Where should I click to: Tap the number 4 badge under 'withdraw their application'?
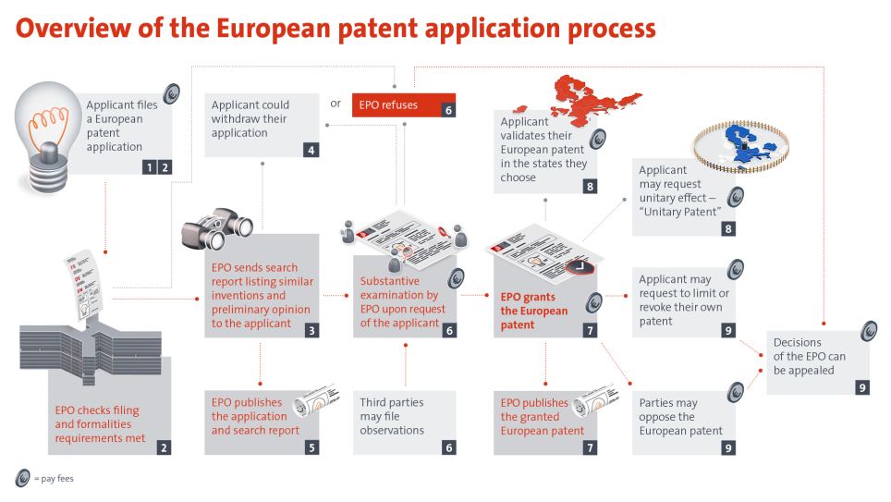pyautogui.click(x=311, y=148)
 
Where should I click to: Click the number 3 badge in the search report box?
pyautogui.click(x=311, y=329)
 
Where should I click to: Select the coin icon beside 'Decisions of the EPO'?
pyautogui.click(x=869, y=330)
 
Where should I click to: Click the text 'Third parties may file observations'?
pyautogui.click(x=392, y=417)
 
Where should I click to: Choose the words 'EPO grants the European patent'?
pyautogui.click(x=534, y=312)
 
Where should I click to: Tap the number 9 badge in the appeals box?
pyautogui.click(x=861, y=387)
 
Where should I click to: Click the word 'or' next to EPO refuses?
pyautogui.click(x=336, y=104)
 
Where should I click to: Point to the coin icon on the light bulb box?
pyautogui.click(x=171, y=93)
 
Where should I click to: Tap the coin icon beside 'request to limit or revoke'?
pyautogui.click(x=736, y=269)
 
